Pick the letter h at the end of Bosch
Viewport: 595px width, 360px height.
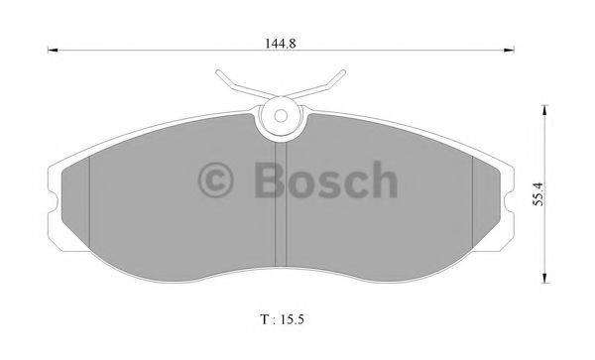pos(382,180)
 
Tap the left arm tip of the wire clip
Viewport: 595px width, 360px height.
pos(217,73)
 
